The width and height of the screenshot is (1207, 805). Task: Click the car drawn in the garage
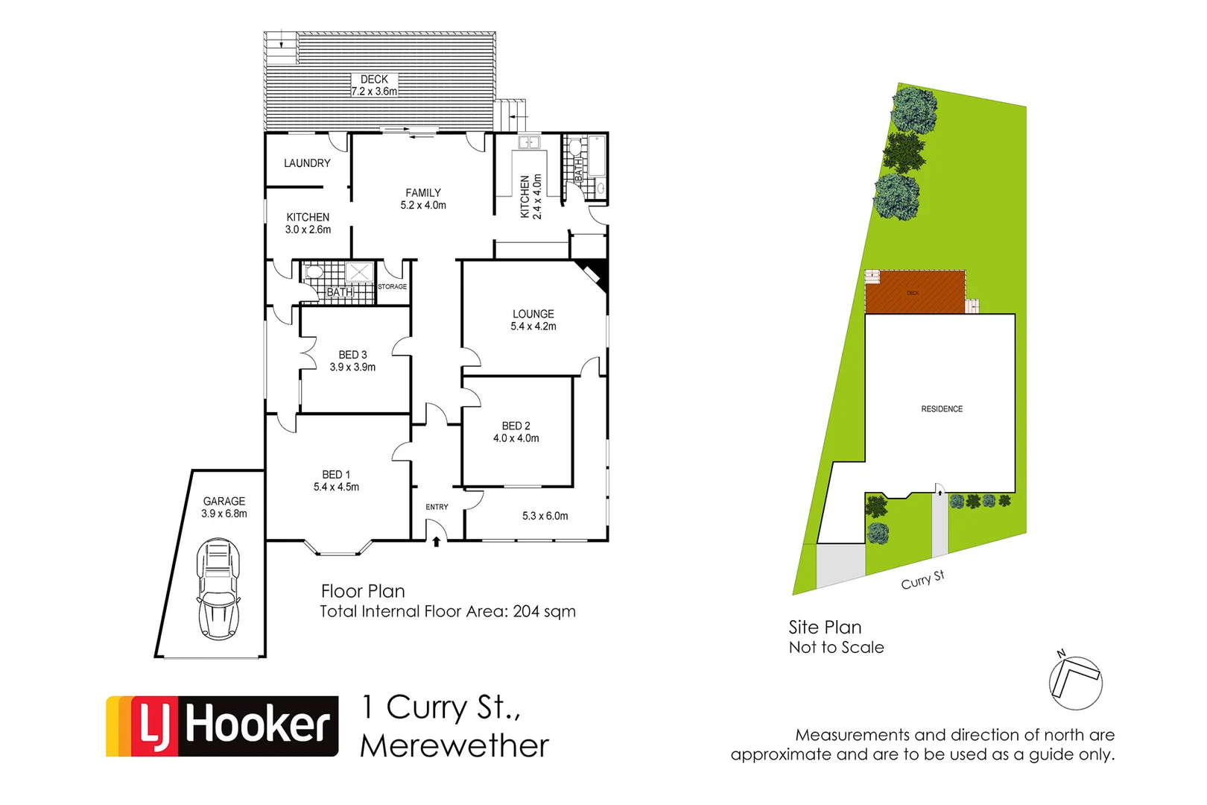(218, 589)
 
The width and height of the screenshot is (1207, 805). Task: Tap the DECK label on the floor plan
(374, 79)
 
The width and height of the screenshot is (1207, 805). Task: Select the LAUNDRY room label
(307, 163)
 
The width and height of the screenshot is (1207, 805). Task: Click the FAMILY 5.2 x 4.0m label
(423, 199)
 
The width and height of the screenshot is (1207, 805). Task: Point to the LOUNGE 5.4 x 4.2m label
(533, 320)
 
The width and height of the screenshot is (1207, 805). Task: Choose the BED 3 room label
(352, 356)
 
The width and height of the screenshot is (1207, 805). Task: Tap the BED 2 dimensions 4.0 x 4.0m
(516, 438)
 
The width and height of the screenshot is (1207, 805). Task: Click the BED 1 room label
(336, 475)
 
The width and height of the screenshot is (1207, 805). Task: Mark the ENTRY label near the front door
(437, 507)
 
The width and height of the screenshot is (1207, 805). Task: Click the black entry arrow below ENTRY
(436, 542)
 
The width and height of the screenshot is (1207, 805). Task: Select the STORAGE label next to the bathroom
(392, 286)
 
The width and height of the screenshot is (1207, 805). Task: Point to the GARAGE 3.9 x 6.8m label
(224, 507)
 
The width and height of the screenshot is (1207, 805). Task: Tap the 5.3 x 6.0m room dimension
(545, 516)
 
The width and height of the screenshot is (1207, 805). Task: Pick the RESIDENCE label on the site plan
(942, 409)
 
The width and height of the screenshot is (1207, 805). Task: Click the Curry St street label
(922, 580)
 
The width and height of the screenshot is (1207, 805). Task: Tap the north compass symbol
(1075, 682)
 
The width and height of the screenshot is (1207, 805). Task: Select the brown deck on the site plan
(914, 292)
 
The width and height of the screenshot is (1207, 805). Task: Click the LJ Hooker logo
(222, 726)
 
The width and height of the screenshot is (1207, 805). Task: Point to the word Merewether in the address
(454, 746)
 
